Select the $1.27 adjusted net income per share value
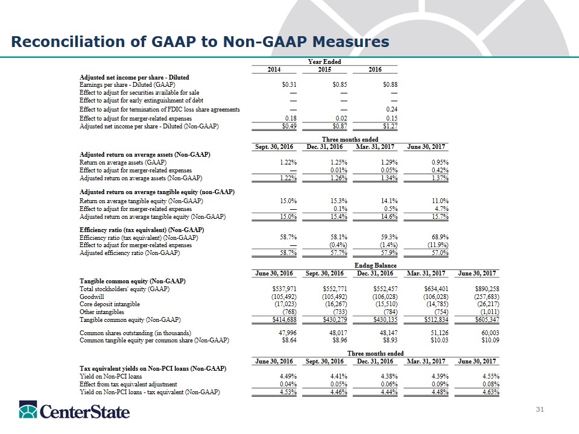click(x=388, y=127)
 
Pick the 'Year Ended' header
click(x=324, y=61)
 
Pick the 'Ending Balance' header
click(x=375, y=265)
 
